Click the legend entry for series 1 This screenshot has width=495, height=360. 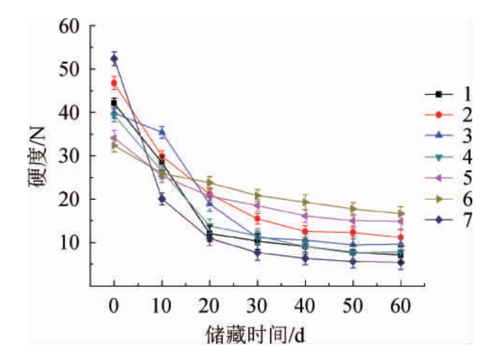(x=450, y=94)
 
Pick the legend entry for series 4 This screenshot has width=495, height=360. (x=450, y=157)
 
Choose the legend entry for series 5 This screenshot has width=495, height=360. (x=450, y=179)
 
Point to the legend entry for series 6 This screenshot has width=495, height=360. (x=450, y=200)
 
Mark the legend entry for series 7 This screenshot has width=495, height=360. (x=450, y=221)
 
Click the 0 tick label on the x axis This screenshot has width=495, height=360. (x=114, y=307)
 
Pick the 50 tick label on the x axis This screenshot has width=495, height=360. (x=353, y=307)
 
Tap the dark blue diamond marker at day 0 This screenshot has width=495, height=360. (x=114, y=59)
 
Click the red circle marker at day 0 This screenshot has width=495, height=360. (x=114, y=83)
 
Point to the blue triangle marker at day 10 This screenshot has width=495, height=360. (x=162, y=132)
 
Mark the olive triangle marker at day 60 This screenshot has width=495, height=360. (x=401, y=214)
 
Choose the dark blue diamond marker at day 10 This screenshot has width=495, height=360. (x=162, y=199)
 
